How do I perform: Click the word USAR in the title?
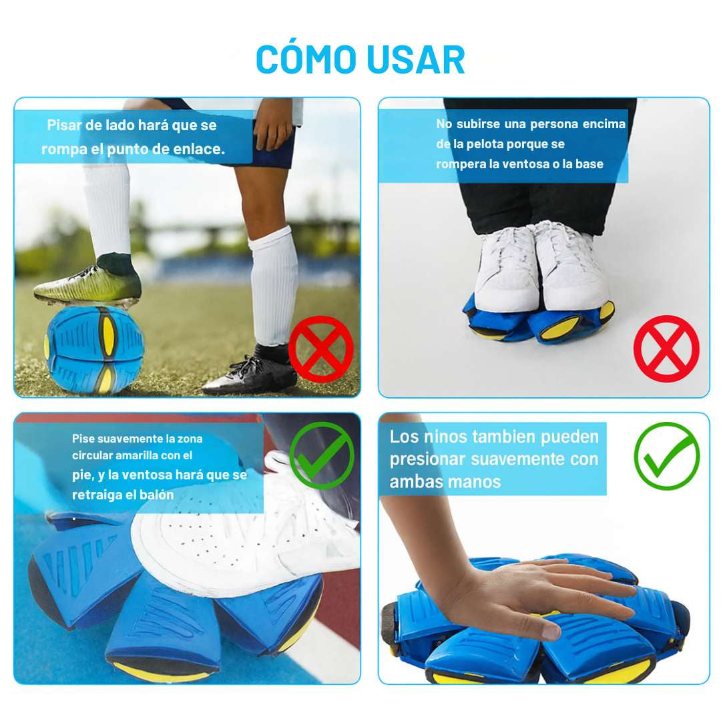(414, 59)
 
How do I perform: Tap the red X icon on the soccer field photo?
(320, 349)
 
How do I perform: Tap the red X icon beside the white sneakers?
(666, 348)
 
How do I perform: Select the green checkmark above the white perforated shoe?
(322, 455)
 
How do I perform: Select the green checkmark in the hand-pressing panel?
(666, 456)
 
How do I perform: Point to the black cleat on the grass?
(250, 374)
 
